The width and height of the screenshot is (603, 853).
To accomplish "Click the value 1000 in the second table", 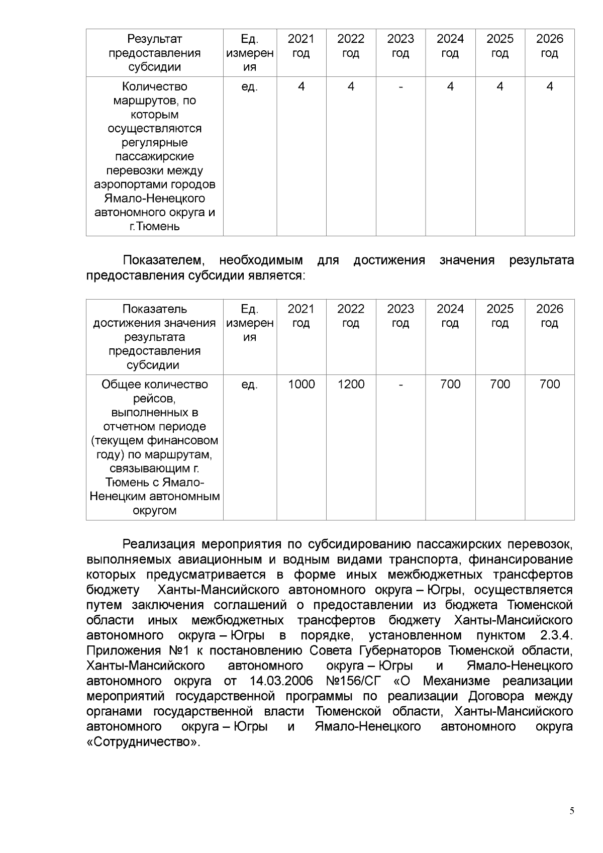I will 301,385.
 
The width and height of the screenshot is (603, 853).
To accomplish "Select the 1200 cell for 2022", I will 351,385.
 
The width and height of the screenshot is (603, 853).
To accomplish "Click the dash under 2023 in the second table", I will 400,385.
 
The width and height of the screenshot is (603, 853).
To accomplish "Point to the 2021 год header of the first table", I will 301,46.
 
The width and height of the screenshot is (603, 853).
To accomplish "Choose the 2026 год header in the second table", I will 550,316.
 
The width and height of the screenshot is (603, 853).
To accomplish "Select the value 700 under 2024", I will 450,385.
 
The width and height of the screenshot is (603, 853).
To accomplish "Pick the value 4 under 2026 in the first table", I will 550,87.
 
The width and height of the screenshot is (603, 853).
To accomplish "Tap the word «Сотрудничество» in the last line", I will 143,742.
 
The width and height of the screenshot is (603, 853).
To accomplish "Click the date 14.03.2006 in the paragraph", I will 281,681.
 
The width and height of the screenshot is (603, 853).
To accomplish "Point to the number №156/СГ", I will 353,681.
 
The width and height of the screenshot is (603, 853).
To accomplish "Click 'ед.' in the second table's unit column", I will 250,385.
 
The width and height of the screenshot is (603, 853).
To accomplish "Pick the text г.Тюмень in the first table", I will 154,226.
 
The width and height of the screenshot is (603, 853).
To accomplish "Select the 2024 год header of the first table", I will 450,46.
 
